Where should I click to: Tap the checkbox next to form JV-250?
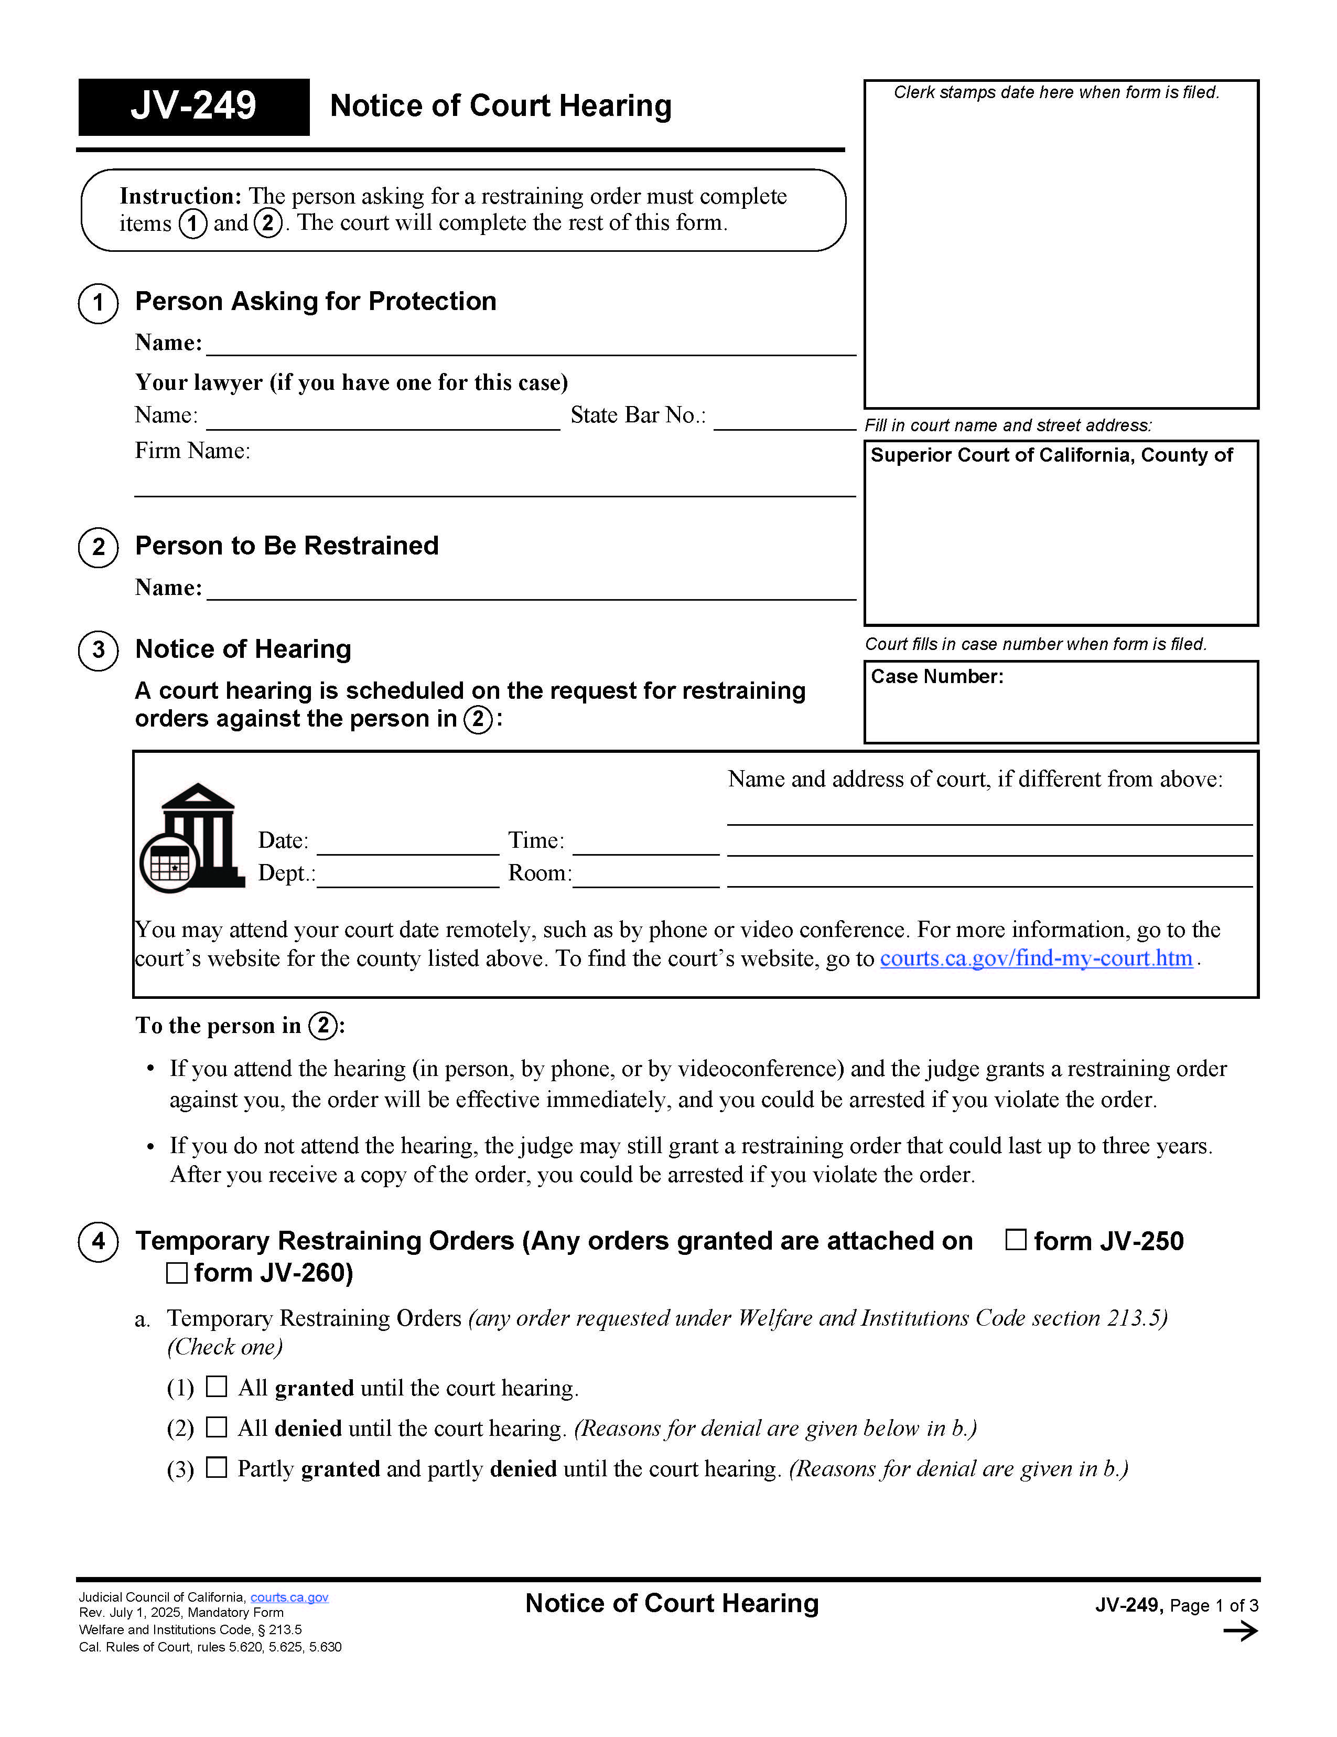click(1015, 1239)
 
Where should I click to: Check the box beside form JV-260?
click(177, 1273)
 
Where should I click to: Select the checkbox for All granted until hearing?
click(216, 1386)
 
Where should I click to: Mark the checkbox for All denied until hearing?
click(216, 1427)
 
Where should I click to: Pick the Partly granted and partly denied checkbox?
click(216, 1467)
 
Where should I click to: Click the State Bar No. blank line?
click(784, 421)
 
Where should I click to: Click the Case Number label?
click(936, 676)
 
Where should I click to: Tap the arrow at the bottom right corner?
click(1239, 1631)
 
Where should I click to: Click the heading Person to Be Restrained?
click(286, 546)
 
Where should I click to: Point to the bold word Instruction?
click(180, 196)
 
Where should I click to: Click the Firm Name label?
click(192, 451)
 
